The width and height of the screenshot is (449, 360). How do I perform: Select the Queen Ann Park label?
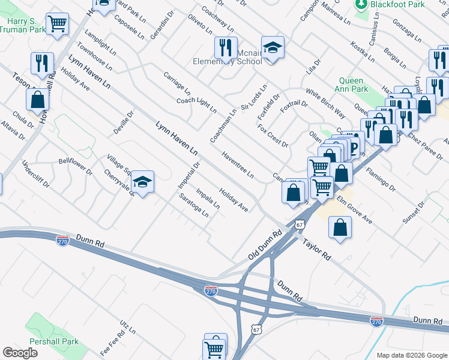(351, 85)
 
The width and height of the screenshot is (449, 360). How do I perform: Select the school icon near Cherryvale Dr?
(142, 182)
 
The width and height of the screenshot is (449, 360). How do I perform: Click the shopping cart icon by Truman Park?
(58, 25)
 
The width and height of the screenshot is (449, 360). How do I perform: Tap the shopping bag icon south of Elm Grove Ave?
(340, 228)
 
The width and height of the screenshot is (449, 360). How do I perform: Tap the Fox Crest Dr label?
(273, 137)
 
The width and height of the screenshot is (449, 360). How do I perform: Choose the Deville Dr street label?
(122, 122)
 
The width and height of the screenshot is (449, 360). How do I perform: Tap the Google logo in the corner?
(20, 353)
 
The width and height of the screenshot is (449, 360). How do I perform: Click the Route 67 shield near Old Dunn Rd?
(298, 223)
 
